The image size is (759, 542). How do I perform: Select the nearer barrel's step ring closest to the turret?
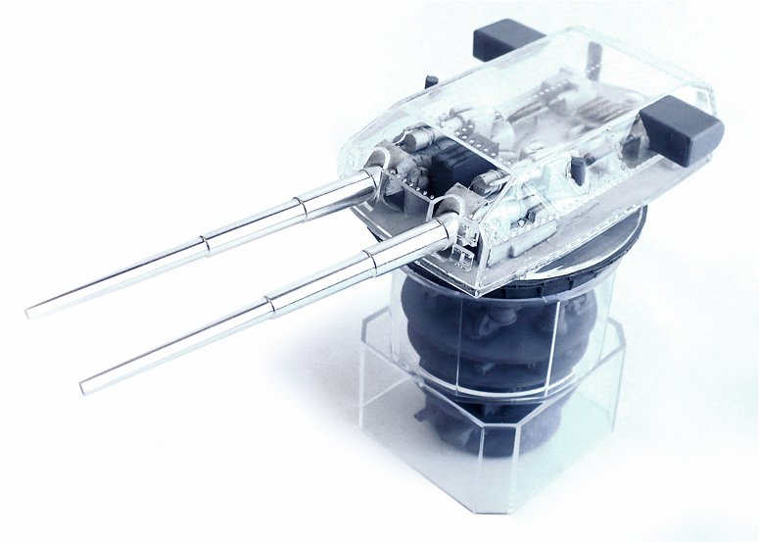(368, 258)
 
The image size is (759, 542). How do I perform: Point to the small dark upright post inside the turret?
(579, 169)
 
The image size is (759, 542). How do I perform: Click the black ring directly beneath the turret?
(548, 284)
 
